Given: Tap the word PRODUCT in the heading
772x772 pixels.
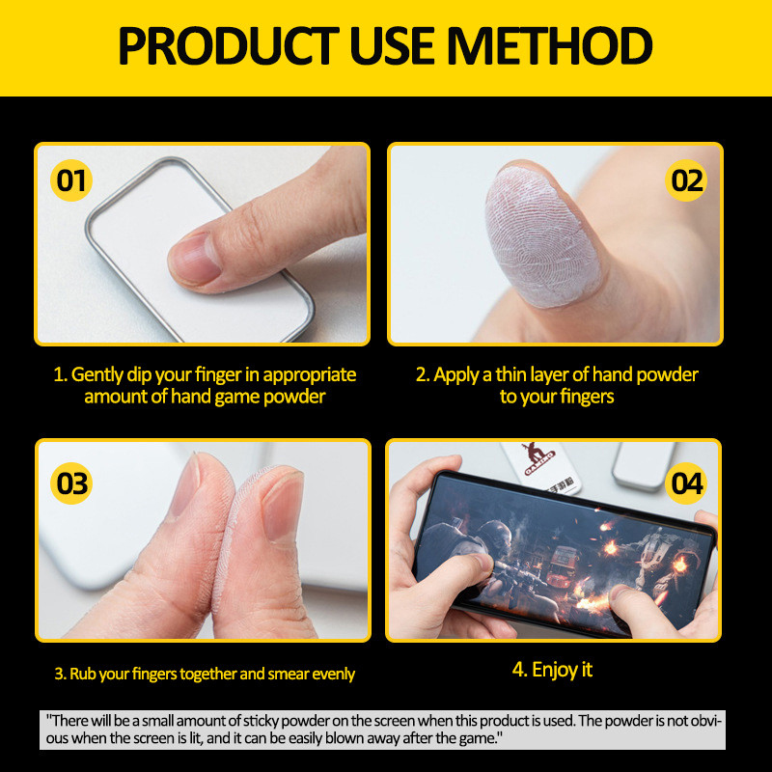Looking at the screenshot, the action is (x=229, y=45).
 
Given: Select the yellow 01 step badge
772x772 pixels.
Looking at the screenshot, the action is (x=71, y=180).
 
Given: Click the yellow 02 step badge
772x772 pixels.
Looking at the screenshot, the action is (x=686, y=180).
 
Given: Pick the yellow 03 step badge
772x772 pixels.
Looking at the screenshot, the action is (x=71, y=483).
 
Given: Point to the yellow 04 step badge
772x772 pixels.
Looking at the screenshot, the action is (x=686, y=483).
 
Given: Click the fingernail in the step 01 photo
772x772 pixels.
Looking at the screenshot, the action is (x=196, y=259).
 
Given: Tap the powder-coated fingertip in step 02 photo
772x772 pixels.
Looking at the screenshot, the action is (x=541, y=236).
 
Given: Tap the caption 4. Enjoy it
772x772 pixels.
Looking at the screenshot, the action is (x=552, y=670).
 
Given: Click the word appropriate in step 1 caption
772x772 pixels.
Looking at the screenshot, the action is (x=309, y=375).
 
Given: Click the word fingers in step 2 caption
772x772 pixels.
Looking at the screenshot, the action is (x=587, y=397).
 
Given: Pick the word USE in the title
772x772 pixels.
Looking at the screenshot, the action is (x=393, y=45).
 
